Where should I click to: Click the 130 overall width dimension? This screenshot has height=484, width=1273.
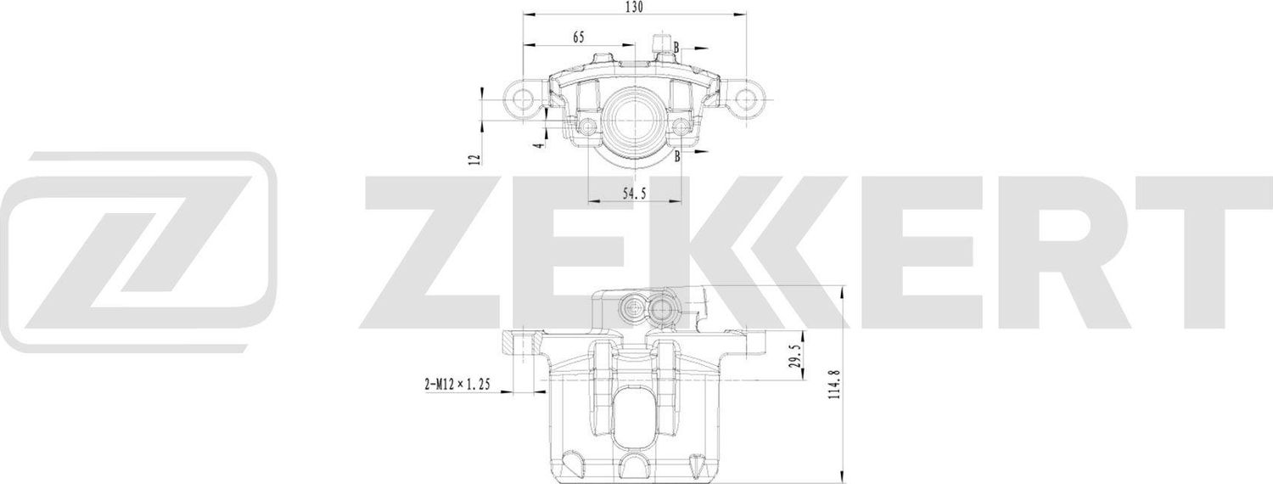pyautogui.click(x=633, y=8)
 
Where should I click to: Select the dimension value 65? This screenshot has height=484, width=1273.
pyautogui.click(x=579, y=37)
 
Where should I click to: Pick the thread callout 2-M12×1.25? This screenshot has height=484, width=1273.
pyautogui.click(x=458, y=385)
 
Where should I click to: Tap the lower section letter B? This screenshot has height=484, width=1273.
pyautogui.click(x=676, y=156)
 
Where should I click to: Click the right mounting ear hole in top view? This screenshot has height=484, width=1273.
pyautogui.click(x=746, y=99)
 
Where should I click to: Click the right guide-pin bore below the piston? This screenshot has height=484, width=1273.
pyautogui.click(x=680, y=127)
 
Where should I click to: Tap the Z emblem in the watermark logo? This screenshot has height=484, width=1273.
pyautogui.click(x=140, y=252)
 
